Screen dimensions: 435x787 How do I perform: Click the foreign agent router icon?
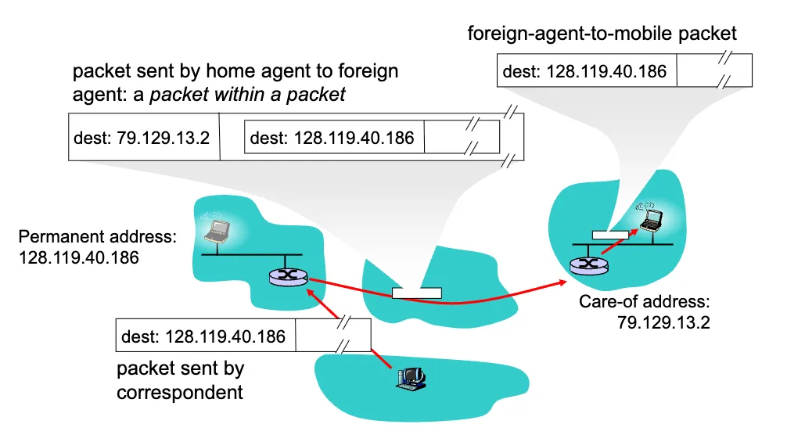click(x=588, y=266)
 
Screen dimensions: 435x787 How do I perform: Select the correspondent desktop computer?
click(x=410, y=378)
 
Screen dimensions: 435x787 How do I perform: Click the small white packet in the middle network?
click(x=416, y=293)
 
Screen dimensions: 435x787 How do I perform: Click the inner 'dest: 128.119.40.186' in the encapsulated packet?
click(x=332, y=138)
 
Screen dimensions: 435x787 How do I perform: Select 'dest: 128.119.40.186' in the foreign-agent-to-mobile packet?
click(x=584, y=72)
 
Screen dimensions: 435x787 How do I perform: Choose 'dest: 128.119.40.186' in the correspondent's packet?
click(x=203, y=337)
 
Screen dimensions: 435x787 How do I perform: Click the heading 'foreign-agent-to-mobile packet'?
click(x=602, y=33)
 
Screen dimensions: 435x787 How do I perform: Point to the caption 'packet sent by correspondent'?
click(x=181, y=379)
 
